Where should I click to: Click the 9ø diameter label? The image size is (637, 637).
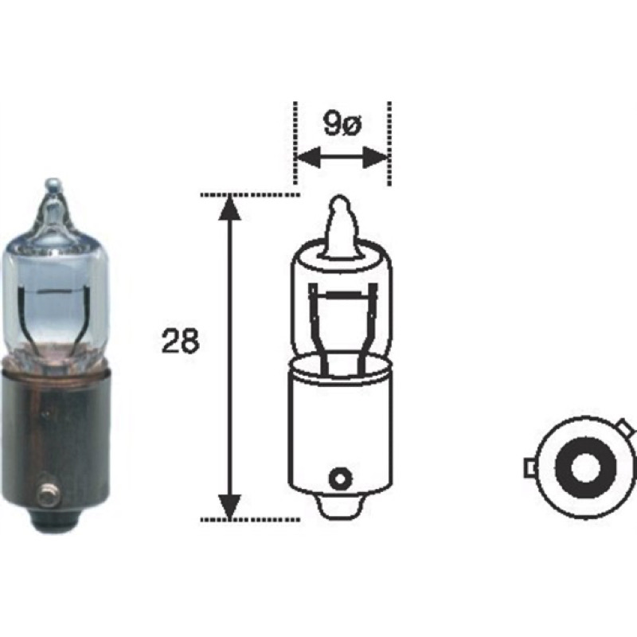(x=342, y=124)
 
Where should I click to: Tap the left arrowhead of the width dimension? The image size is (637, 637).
(x=308, y=157)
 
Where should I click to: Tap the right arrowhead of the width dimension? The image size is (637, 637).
(x=375, y=157)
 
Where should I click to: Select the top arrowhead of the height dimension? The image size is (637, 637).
(x=229, y=208)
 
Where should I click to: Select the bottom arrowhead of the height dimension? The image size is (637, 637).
(x=229, y=507)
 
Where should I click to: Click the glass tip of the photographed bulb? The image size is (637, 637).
(x=53, y=188)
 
